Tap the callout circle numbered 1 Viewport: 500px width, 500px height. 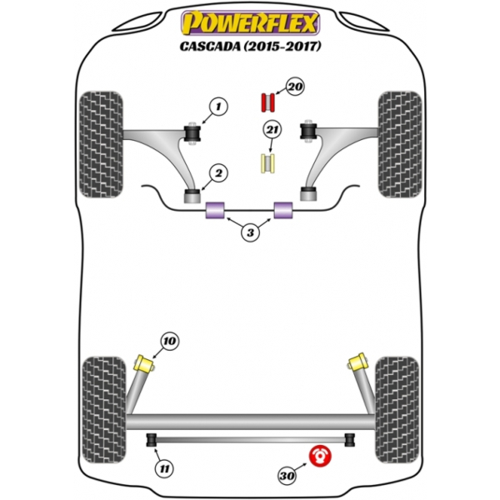click(217, 107)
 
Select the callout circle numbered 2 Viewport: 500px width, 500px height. click(218, 173)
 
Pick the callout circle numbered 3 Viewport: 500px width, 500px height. click(250, 233)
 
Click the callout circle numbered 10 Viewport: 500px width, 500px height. click(170, 341)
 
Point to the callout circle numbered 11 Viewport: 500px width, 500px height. click(166, 470)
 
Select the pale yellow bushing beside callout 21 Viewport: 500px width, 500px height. click(268, 162)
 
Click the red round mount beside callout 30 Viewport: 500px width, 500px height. click(321, 457)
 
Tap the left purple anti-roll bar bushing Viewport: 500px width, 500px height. click(216, 211)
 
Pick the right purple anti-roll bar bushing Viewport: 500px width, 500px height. click(284, 211)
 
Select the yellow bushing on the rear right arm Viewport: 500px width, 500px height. click(360, 363)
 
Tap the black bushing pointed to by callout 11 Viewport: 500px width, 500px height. click(152, 438)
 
